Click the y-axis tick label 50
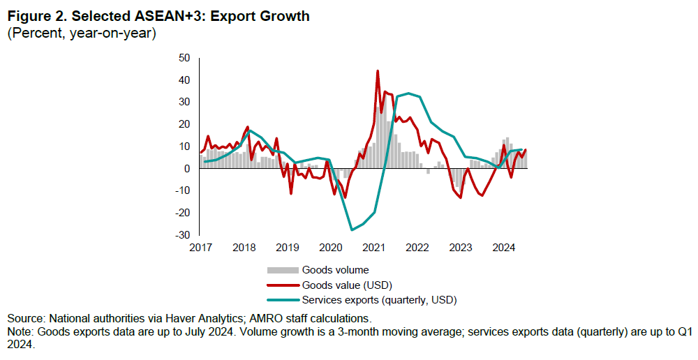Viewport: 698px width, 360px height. (184, 58)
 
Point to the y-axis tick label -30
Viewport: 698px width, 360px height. (182, 235)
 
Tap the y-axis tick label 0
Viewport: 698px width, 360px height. (187, 169)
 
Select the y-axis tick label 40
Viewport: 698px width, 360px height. (184, 80)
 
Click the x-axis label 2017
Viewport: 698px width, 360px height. (200, 248)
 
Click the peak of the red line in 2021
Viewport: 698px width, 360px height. (378, 71)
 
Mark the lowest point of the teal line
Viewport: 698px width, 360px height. (352, 230)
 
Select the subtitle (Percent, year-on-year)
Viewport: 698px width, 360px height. (81, 33)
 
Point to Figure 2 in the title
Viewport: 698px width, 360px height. (35, 16)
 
